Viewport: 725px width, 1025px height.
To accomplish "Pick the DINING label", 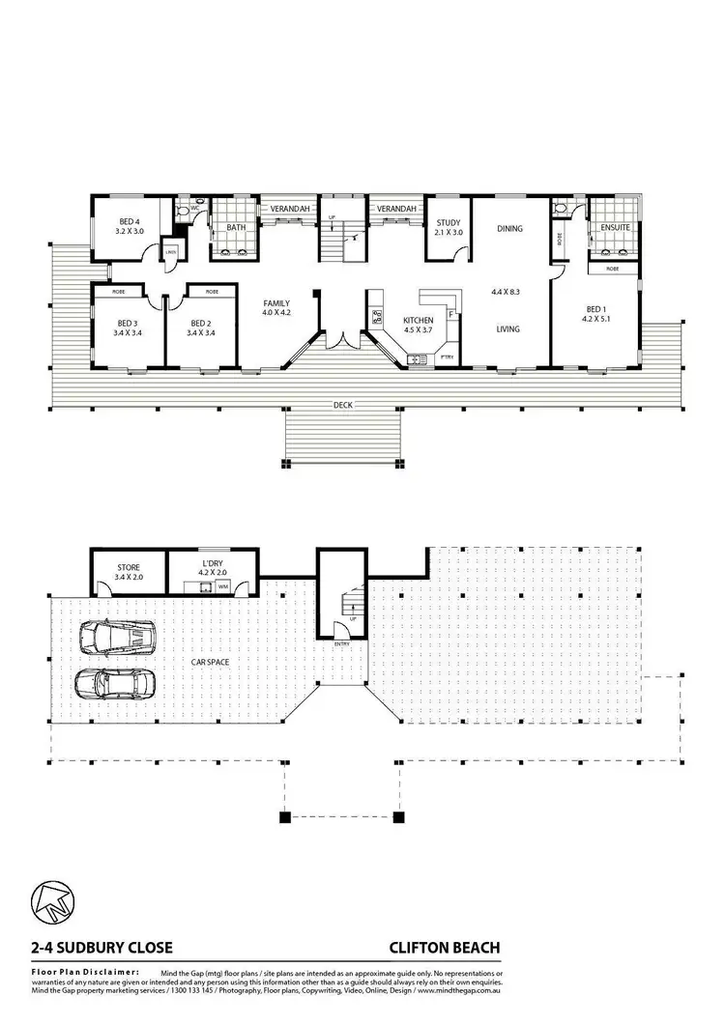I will pyautogui.click(x=509, y=229).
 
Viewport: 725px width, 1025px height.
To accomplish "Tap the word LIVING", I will pyautogui.click(x=507, y=329).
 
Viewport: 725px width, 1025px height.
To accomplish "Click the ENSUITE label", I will pyautogui.click(x=616, y=228).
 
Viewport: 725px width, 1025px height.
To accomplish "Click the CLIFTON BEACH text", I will pyautogui.click(x=445, y=948).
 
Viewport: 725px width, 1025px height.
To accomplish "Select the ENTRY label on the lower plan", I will pyautogui.click(x=342, y=644).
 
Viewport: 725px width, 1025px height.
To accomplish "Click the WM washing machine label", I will pyautogui.click(x=223, y=586).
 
